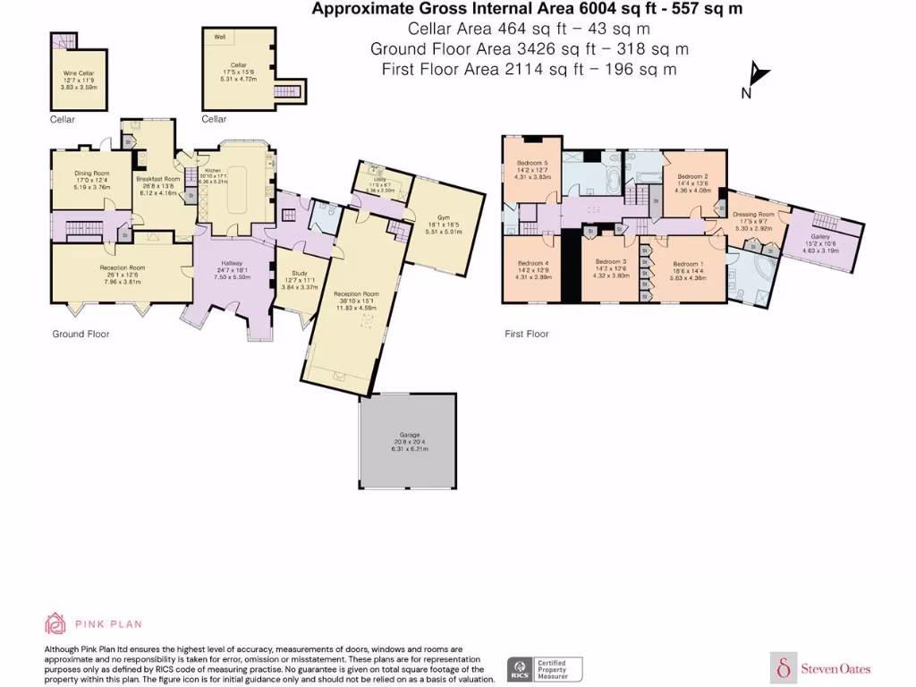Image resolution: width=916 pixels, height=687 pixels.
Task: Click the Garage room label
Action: click(x=411, y=436)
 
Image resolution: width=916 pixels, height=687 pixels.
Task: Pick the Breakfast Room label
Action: click(x=158, y=179)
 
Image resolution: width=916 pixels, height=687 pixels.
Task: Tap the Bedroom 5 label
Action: click(x=532, y=163)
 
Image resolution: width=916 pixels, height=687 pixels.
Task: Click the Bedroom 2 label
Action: click(x=692, y=177)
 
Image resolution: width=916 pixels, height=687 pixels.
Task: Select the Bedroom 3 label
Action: click(x=612, y=264)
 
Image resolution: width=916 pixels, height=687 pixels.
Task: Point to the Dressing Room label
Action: click(x=753, y=215)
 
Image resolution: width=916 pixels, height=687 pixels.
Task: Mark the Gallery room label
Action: click(x=821, y=237)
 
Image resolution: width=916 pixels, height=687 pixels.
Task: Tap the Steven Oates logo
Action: click(x=821, y=668)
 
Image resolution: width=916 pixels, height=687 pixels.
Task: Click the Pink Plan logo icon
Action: click(x=55, y=623)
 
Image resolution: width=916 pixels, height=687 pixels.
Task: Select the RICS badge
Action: click(x=519, y=667)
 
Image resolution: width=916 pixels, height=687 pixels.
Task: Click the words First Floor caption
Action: click(x=526, y=334)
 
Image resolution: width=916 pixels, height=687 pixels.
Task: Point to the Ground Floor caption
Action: click(x=81, y=334)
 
